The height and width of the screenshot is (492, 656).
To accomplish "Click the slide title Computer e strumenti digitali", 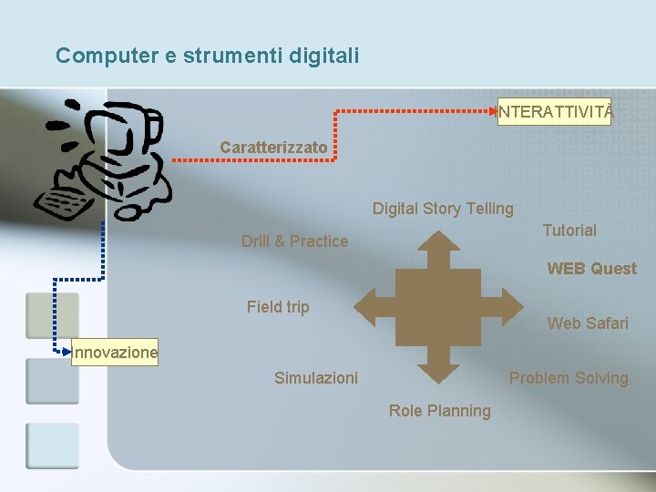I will [208, 56].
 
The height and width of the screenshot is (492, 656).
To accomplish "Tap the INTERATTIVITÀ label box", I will [557, 112].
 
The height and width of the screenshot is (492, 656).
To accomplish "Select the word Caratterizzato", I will [273, 147].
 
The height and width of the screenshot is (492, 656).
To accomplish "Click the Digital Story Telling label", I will [443, 209].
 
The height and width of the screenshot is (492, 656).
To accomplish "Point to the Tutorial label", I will [569, 231].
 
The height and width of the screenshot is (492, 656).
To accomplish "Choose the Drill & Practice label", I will [294, 241].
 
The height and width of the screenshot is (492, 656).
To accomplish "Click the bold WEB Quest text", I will [591, 269].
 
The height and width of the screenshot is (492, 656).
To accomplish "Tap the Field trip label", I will [278, 307].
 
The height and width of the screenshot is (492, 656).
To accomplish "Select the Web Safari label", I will [588, 323].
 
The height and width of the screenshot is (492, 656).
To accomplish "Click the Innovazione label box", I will [116, 352].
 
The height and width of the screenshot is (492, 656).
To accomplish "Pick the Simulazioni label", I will [316, 378].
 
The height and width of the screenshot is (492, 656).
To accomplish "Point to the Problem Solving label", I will [569, 378].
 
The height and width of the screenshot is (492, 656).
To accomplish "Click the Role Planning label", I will [439, 411].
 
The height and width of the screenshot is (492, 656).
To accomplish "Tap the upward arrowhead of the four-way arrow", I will [438, 244].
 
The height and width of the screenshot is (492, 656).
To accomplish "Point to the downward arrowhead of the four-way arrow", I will [438, 369].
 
